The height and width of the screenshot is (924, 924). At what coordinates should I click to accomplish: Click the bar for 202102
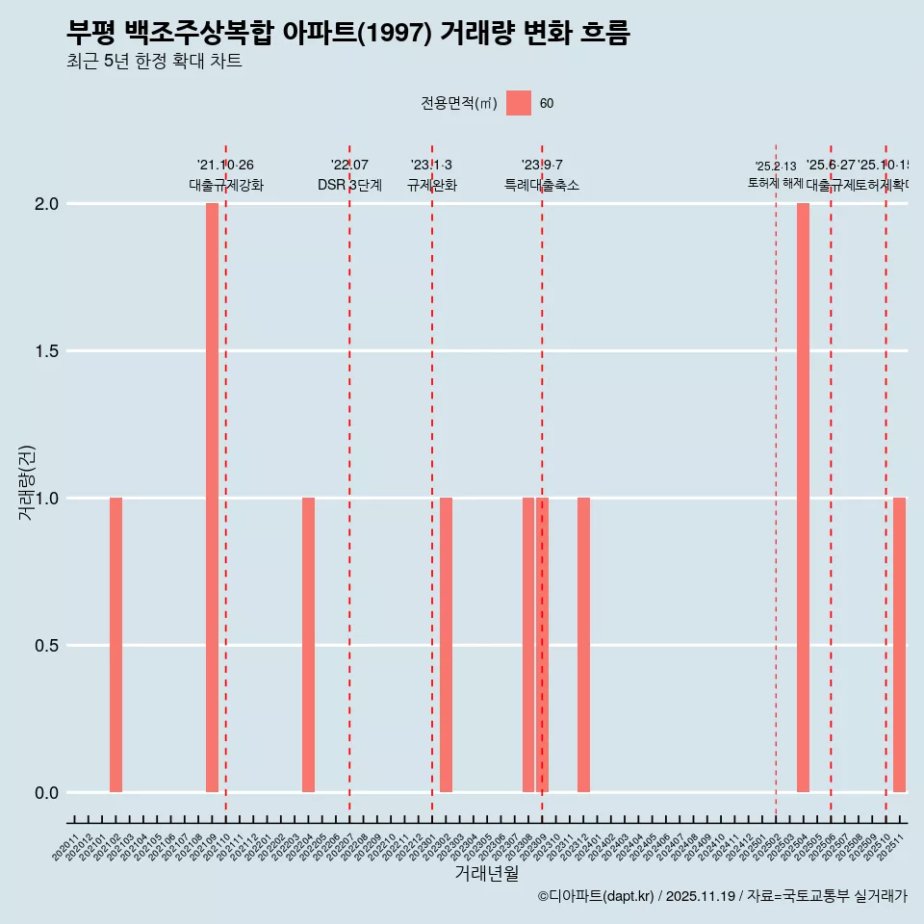point(115,645)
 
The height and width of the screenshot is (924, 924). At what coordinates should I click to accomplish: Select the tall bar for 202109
point(212,498)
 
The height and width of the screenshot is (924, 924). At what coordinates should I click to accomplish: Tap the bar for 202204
point(308,645)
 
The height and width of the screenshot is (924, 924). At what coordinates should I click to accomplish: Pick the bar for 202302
point(446,645)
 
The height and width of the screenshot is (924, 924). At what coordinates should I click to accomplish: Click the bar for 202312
point(583,645)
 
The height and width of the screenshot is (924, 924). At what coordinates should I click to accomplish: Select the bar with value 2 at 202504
point(803,498)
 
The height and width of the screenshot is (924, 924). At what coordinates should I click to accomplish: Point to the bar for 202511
point(899,645)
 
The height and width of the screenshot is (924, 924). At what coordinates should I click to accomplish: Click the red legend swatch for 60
point(519,103)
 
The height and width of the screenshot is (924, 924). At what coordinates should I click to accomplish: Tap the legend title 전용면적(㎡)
point(459,104)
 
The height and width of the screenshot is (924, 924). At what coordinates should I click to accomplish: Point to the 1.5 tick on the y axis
point(45,351)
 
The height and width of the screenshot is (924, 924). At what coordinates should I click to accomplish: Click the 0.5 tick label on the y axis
point(45,646)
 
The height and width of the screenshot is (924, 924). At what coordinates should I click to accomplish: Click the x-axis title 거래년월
point(486,873)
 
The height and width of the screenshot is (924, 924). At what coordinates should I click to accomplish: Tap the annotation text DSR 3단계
point(349,185)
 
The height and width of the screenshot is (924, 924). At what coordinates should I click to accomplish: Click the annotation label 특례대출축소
point(542,185)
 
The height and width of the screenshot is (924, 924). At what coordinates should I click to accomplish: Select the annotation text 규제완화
point(431,185)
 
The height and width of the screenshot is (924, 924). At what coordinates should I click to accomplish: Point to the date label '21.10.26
point(225,166)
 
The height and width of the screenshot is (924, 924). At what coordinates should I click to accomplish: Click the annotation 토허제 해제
point(776,183)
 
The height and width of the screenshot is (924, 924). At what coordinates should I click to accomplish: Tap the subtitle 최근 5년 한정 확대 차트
point(154,62)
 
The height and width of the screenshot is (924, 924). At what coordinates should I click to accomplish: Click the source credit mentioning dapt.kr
point(722,896)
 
